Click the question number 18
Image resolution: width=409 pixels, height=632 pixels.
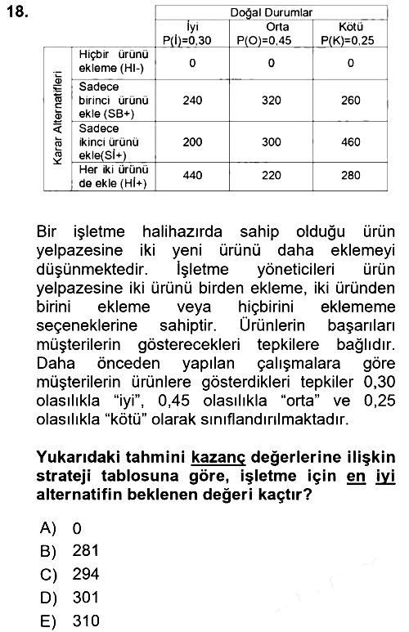coord(17,11)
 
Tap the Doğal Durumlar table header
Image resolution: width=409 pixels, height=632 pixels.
coord(271,12)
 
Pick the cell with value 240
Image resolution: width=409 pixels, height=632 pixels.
coord(192,100)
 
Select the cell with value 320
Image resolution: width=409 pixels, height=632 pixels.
coord(271,100)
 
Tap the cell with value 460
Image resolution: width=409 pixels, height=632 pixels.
coord(351,142)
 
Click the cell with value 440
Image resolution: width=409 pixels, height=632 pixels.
coord(192,175)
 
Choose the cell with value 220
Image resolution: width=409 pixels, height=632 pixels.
coord(271,175)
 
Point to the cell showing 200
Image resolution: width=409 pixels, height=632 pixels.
coord(192,142)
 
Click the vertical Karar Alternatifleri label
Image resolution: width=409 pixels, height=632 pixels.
coord(58,118)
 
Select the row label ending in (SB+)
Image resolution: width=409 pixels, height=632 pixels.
coord(114,101)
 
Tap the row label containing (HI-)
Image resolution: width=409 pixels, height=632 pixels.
coord(114,61)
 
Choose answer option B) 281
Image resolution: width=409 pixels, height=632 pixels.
coord(70,551)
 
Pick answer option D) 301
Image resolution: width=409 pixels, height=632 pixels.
coord(70,598)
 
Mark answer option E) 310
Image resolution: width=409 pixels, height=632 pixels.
coord(70,621)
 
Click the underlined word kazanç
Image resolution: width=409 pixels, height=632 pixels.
coord(218,458)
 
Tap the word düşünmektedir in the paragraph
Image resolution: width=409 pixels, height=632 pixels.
coord(92,269)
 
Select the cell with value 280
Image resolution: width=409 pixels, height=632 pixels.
coord(351,175)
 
